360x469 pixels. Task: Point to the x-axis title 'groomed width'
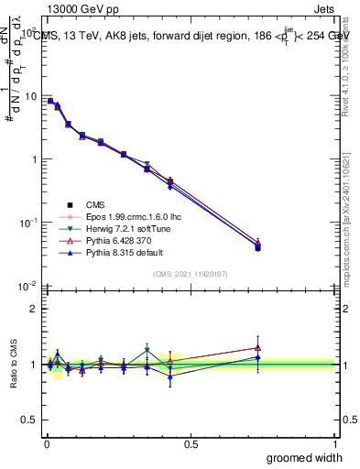305,457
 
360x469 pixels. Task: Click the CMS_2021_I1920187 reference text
190,274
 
